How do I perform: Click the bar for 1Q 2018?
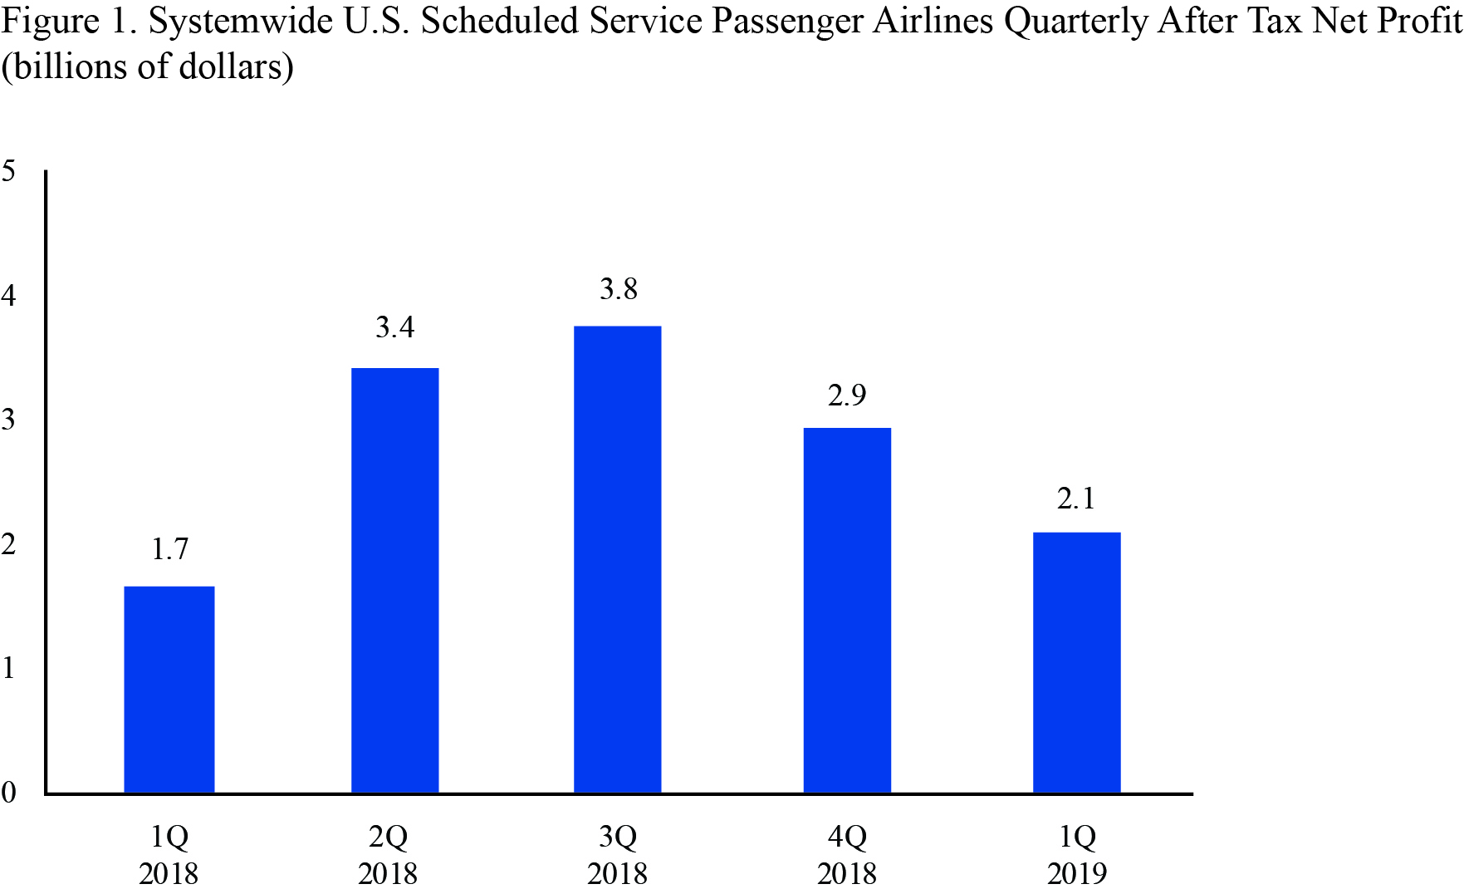(169, 690)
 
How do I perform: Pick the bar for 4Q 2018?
(847, 610)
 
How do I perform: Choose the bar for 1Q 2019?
(1077, 662)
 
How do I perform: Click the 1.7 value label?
(170, 549)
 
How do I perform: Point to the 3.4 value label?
(395, 327)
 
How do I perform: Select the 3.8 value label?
(619, 289)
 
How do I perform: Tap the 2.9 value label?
(847, 395)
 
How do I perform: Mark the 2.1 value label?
(1076, 499)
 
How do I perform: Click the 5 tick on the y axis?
(9, 171)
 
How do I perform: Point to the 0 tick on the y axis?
(9, 792)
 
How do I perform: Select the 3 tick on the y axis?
(9, 420)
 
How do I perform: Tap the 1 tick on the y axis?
(9, 667)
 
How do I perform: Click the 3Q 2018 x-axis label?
(618, 854)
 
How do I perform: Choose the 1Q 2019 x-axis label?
(1077, 854)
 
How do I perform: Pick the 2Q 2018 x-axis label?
(388, 854)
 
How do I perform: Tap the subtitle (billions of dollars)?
(147, 66)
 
